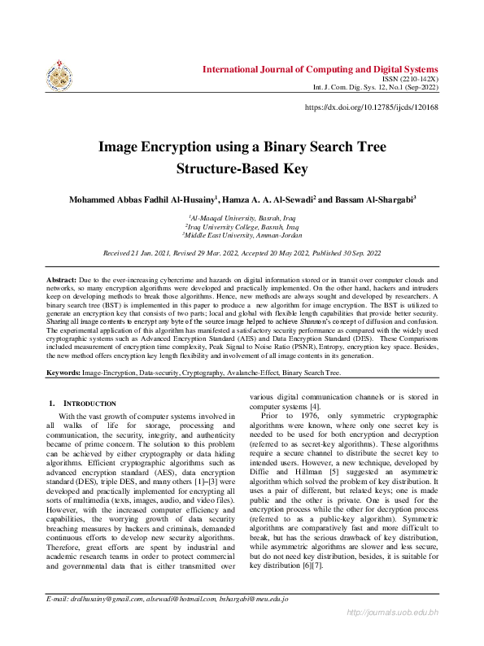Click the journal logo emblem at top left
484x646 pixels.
pos(59,76)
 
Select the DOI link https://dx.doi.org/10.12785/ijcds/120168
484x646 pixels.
pos(371,107)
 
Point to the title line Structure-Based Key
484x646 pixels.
pos(242,169)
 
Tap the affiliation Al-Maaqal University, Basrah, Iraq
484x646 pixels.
pos(242,218)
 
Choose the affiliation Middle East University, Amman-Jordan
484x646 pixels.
pos(242,234)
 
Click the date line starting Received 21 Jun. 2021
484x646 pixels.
pos(242,254)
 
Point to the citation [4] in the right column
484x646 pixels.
pos(314,406)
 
